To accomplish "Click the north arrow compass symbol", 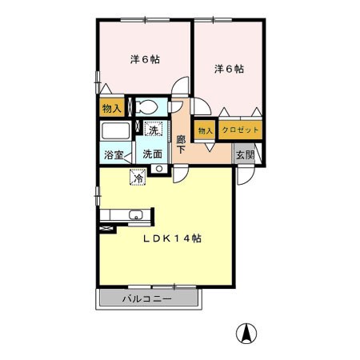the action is pos(246,334).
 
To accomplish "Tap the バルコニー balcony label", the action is pos(147,298).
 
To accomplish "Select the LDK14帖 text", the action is pos(172,238).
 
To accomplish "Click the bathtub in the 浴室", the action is pos(116,131).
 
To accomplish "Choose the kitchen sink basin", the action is pos(136,214).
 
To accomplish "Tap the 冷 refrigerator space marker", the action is pos(138,178).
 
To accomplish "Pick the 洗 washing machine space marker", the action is pos(154,129).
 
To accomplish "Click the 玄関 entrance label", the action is pos(246,155).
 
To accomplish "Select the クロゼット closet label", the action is pos(240,130).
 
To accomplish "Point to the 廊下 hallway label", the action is pos(181,144).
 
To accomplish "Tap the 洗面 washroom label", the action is pos(152,154).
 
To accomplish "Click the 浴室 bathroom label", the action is pos(114,155).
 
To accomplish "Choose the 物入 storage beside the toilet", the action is pos(112,108).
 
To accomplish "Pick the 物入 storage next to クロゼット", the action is pos(205,130).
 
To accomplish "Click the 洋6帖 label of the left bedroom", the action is pos(145,59).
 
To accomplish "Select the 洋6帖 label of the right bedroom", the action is pos(229,69).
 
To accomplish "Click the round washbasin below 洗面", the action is pos(159,169).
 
